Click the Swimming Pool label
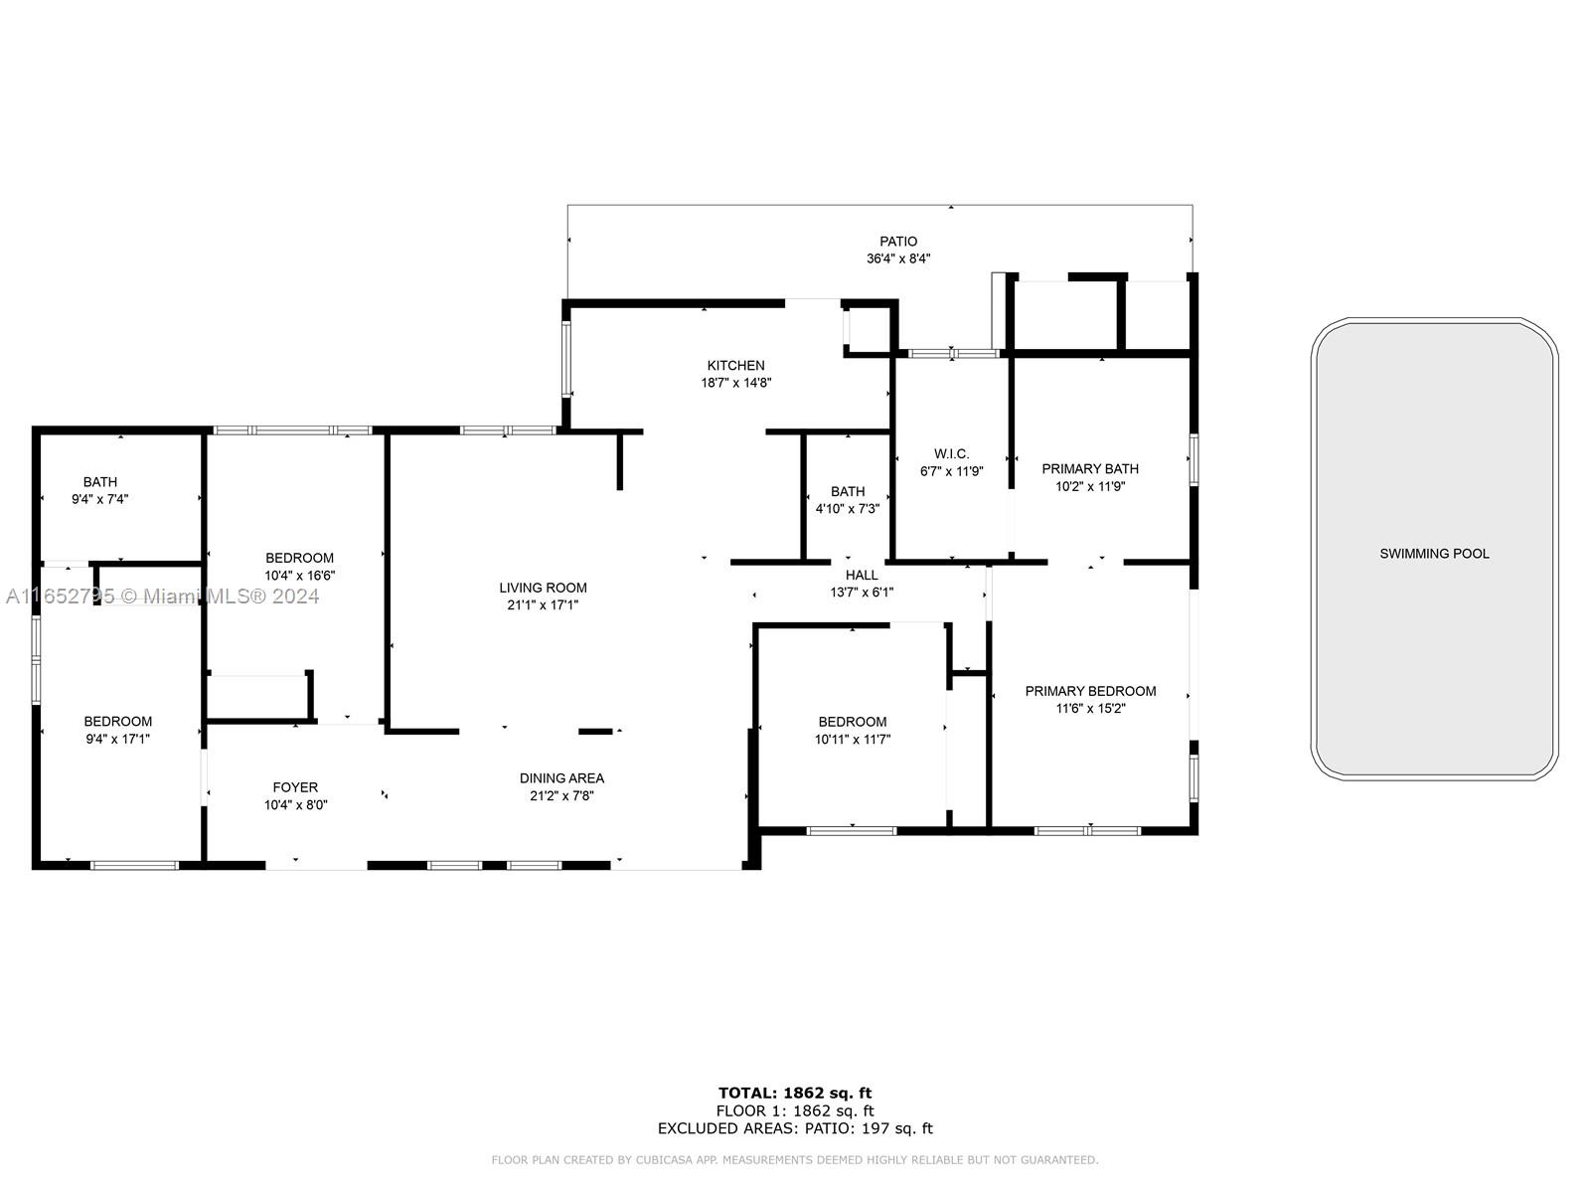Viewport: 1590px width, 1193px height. pyautogui.click(x=1434, y=554)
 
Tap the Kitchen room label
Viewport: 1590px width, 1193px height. pyautogui.click(x=735, y=365)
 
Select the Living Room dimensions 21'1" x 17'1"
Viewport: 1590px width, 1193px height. pyautogui.click(x=543, y=604)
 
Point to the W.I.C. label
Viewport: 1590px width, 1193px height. pyautogui.click(x=951, y=453)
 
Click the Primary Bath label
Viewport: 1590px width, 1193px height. pyautogui.click(x=1089, y=468)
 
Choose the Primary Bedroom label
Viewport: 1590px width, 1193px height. pyautogui.click(x=1090, y=691)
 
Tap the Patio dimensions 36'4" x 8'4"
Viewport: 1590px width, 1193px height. pyautogui.click(x=898, y=257)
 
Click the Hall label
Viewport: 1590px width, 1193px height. pyautogui.click(x=862, y=575)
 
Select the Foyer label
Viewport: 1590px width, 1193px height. pyautogui.click(x=295, y=786)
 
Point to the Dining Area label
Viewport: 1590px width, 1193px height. pyautogui.click(x=561, y=778)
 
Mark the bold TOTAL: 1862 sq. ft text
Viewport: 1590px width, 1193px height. pyautogui.click(x=795, y=1093)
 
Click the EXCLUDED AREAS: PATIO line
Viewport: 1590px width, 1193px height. pyautogui.click(x=795, y=1128)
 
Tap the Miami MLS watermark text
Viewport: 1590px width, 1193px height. pyautogui.click(x=162, y=596)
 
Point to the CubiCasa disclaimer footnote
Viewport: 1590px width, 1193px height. pyautogui.click(x=795, y=1159)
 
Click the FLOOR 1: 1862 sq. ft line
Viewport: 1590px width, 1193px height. pyautogui.click(x=795, y=1111)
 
